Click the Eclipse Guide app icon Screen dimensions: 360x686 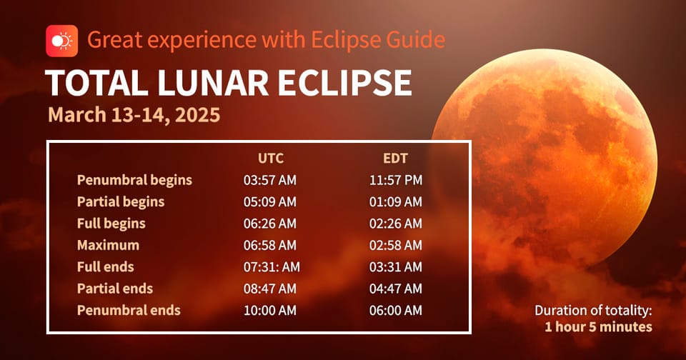pos(61,40)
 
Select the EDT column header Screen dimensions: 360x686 pos(394,158)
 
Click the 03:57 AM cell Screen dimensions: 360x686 pos(269,180)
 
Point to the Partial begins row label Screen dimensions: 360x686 pos(121,201)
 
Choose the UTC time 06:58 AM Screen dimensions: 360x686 pos(269,245)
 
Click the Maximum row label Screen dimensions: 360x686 pos(108,245)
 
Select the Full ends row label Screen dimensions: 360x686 pos(105,267)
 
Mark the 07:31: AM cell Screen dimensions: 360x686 pos(272,267)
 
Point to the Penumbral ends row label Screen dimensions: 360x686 pos(129,311)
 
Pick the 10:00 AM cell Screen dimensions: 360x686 pos(269,311)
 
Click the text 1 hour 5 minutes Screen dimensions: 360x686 pos(598,326)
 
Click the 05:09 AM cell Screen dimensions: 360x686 pos(269,201)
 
